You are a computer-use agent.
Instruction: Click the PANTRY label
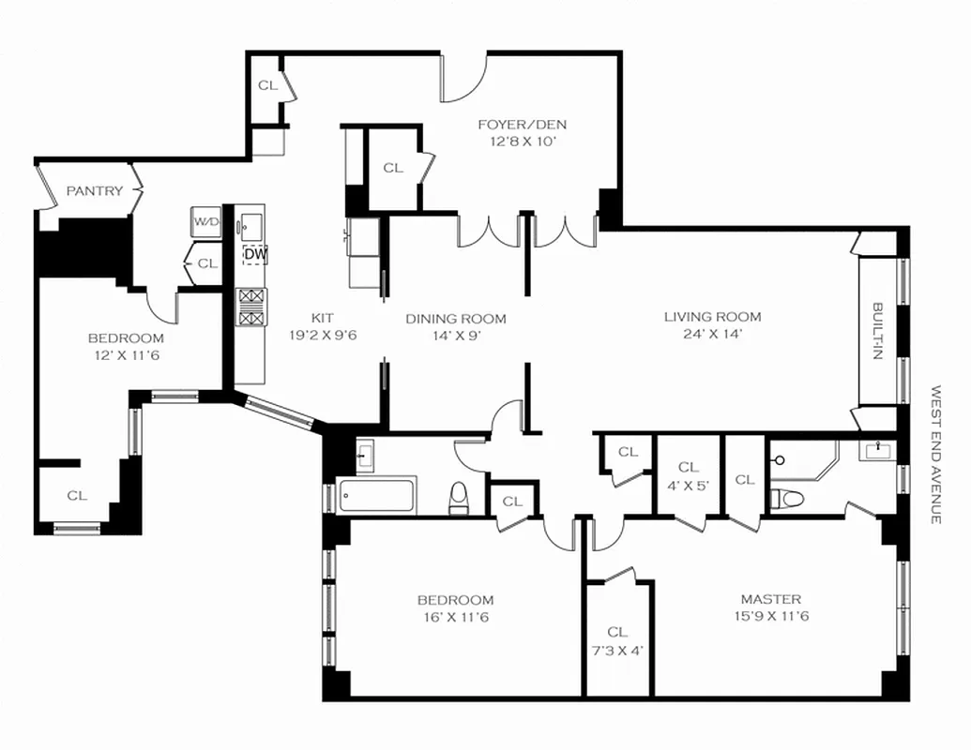(94, 191)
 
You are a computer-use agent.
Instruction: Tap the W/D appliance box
(205, 223)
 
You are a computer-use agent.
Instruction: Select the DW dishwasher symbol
(254, 254)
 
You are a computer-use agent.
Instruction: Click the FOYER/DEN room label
(522, 125)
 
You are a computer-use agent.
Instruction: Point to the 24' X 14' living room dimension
(712, 334)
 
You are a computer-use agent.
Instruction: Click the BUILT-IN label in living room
(878, 330)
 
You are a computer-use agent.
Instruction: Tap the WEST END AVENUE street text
(935, 454)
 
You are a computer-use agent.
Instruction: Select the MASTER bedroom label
(770, 599)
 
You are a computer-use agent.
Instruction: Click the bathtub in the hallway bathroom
(378, 496)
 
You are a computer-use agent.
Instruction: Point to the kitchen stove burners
(250, 307)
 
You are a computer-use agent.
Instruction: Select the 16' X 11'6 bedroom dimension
(455, 617)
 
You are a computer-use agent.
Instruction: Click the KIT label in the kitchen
(322, 319)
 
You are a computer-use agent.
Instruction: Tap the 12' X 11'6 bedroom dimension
(126, 355)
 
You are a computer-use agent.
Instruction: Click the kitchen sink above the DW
(250, 225)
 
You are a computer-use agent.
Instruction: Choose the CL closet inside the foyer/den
(393, 169)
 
